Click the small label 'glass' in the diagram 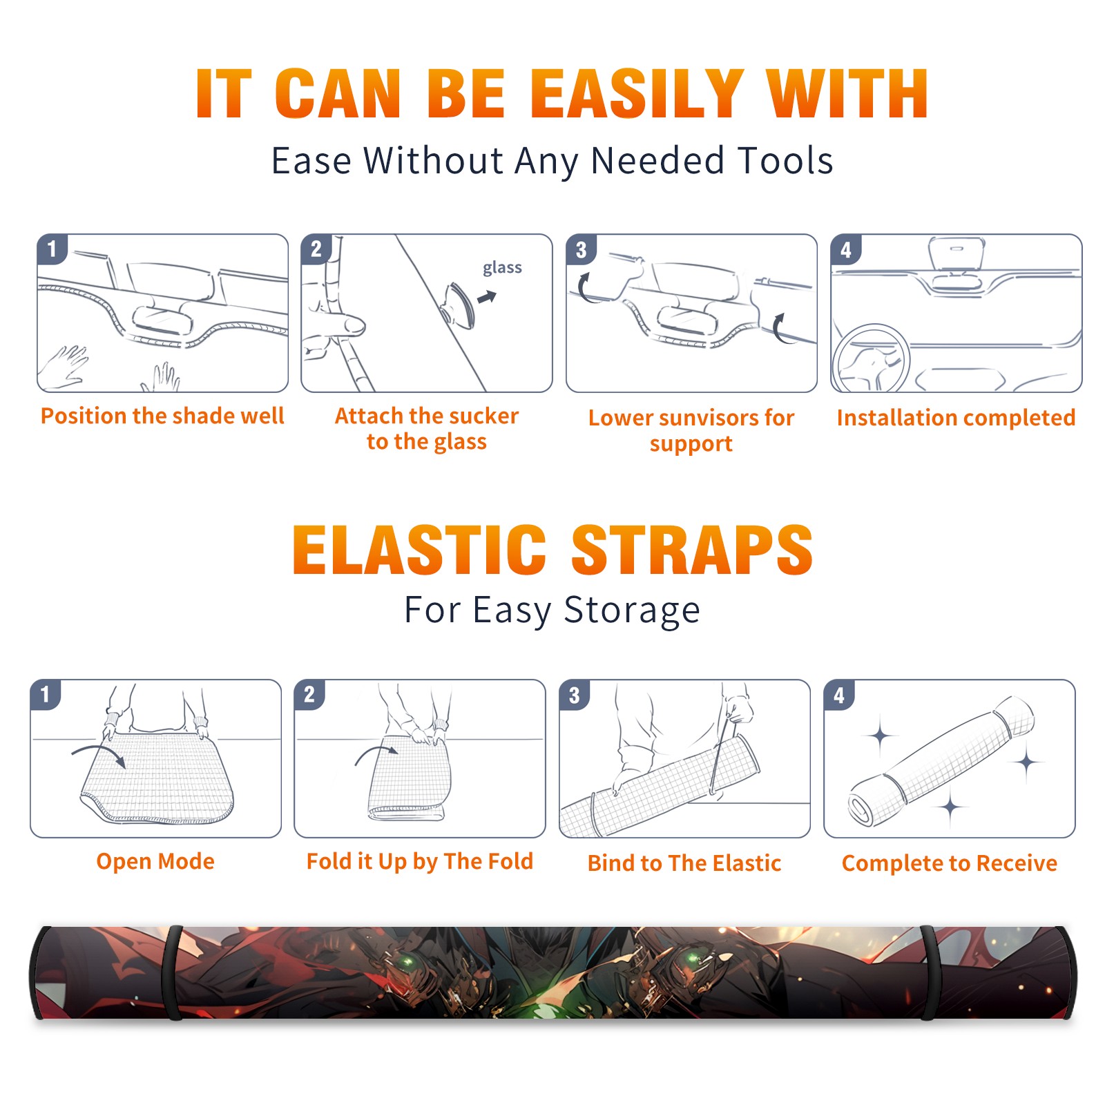coord(502,268)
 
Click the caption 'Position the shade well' coord(162,416)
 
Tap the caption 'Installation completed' coord(956,417)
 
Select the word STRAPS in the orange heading coord(692,550)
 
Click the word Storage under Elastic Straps coord(632,611)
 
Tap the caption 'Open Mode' coord(155,861)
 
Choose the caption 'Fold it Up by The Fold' coord(420,861)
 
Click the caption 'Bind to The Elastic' coord(684,863)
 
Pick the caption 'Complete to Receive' coord(950,863)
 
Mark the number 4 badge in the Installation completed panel coord(846,249)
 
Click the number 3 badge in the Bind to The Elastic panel coord(575,695)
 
